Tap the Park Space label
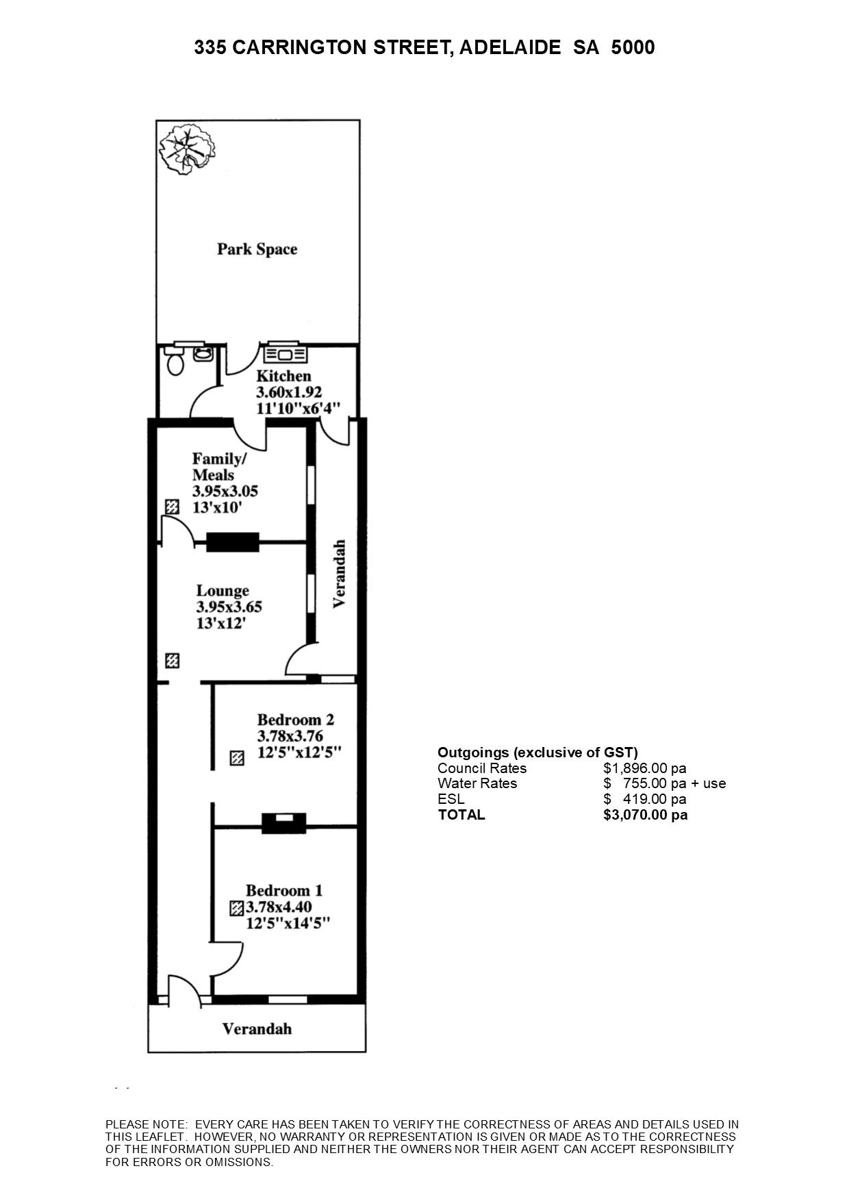coord(257,249)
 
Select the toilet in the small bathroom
coord(175,361)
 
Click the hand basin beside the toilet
coord(203,353)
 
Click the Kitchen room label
coord(283,376)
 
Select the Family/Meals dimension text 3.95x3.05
coord(225,491)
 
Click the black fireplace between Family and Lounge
coord(233,542)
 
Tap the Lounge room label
coord(223,591)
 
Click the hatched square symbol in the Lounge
coord(173,661)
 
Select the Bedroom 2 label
coord(296,720)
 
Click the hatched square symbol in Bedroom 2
coord(237,759)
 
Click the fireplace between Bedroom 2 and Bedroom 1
coord(284,823)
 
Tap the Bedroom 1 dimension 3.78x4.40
coord(279,907)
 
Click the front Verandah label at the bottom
coord(257,1029)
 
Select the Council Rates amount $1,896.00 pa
coord(645,768)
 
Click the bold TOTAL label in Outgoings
coord(461,815)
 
